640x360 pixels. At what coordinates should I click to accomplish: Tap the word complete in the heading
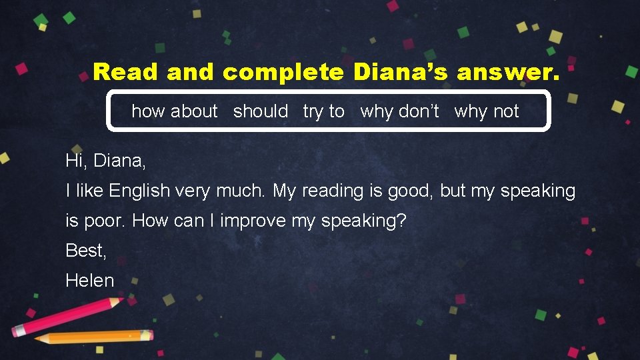[x=283, y=72]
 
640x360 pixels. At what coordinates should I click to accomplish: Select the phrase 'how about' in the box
[x=175, y=111]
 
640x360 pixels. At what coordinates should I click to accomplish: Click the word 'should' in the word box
[x=261, y=111]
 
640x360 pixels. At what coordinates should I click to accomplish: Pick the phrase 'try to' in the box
[x=324, y=111]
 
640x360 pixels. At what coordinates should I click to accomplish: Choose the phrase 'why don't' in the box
[x=399, y=111]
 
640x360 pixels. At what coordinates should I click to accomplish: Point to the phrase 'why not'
[x=486, y=111]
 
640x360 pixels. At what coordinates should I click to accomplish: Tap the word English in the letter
[x=140, y=191]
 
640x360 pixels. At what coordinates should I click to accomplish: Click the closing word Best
[x=85, y=250]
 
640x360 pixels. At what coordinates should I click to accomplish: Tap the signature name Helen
[x=90, y=280]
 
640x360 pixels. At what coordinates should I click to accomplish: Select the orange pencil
[x=93, y=337]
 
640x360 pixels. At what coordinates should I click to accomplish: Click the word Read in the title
[x=126, y=71]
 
